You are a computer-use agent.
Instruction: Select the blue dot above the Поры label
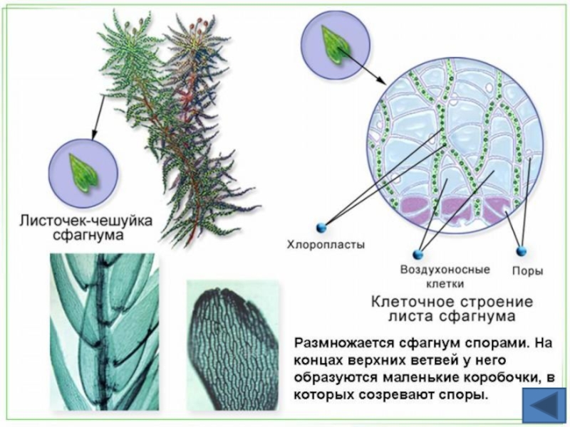click(x=521, y=251)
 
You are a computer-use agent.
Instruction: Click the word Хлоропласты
click(x=326, y=245)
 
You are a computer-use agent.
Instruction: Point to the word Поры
click(x=528, y=270)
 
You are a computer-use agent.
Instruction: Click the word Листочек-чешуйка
click(x=85, y=221)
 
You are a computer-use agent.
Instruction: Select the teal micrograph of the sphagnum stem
click(x=104, y=331)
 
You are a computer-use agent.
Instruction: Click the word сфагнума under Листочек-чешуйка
click(x=85, y=236)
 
